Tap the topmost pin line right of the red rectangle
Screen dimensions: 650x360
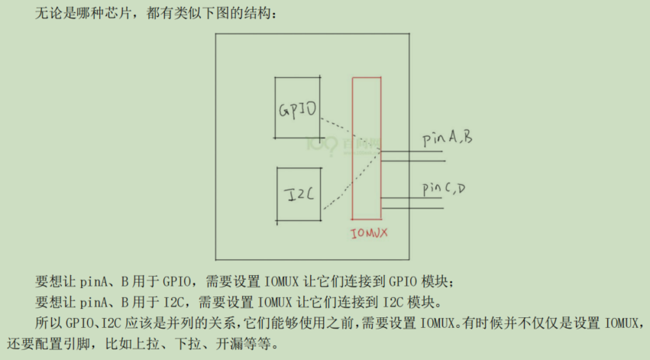[x=412, y=151]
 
